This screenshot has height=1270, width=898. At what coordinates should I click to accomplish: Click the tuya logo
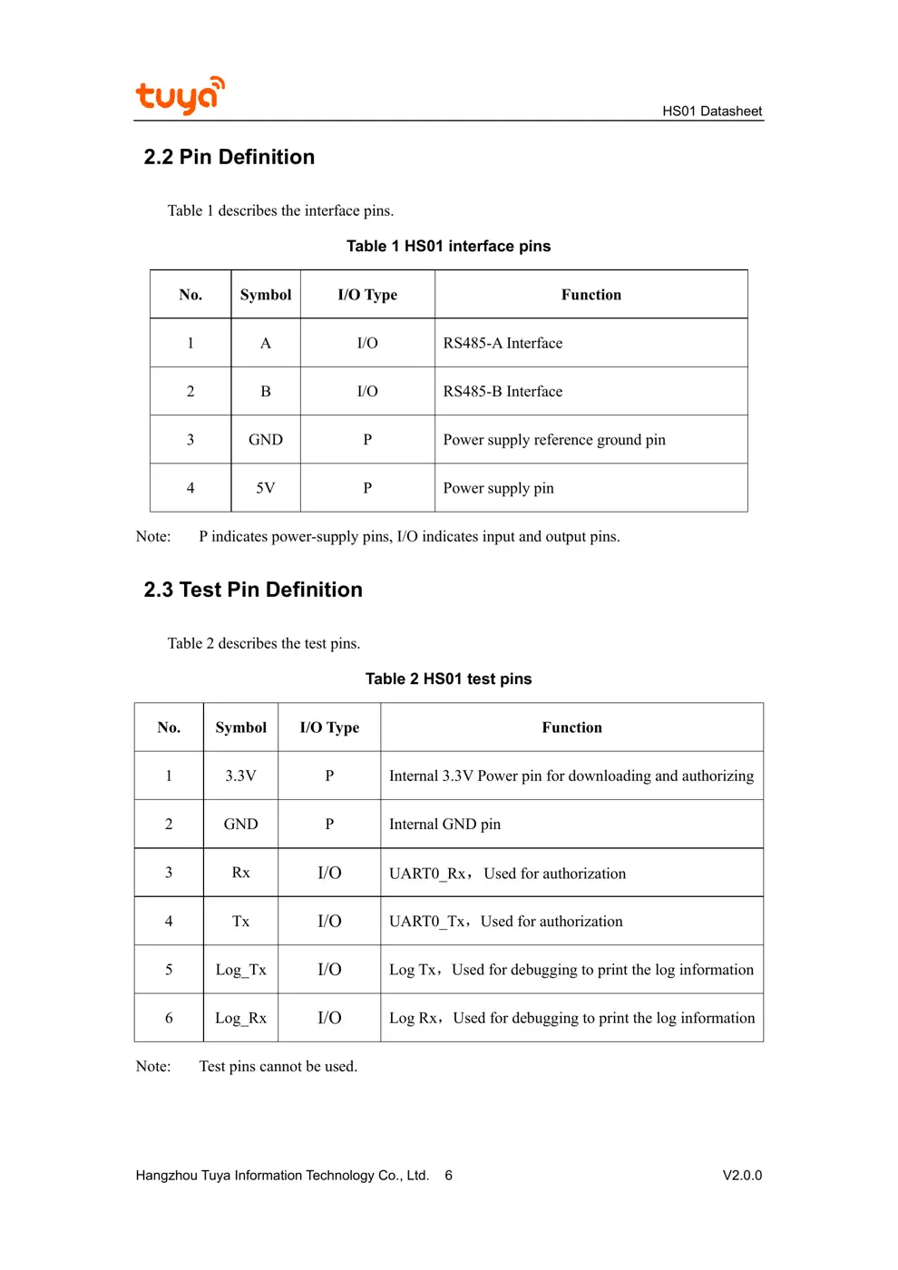click(x=180, y=95)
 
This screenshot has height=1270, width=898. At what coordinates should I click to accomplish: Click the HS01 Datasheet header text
click(x=712, y=112)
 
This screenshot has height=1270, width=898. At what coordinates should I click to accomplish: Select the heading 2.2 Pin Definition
click(x=229, y=157)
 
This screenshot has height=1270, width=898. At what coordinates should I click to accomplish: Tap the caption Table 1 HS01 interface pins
click(x=448, y=247)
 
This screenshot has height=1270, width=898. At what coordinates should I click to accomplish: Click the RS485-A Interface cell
click(x=503, y=343)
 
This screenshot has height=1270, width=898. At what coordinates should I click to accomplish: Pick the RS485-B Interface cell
click(x=503, y=391)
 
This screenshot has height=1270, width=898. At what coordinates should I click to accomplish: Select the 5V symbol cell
click(x=266, y=488)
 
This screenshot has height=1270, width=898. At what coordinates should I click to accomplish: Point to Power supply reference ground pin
click(x=554, y=440)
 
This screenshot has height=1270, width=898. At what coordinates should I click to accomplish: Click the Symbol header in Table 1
click(x=266, y=295)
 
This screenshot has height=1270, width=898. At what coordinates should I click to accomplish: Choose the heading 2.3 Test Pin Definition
click(x=253, y=590)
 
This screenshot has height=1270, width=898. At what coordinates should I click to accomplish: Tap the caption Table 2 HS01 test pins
click(x=448, y=679)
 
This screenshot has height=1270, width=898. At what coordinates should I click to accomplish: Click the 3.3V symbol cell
click(x=240, y=776)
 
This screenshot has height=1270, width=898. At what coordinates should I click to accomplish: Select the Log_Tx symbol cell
click(x=240, y=970)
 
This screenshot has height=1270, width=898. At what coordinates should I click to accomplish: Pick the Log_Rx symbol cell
click(x=240, y=1018)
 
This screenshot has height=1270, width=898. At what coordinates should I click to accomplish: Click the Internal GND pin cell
click(x=444, y=824)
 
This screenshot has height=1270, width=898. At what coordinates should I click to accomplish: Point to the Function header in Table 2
click(x=571, y=728)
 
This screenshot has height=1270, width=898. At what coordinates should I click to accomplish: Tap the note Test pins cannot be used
click(x=278, y=1067)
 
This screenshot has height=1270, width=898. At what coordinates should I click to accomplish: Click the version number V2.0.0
click(x=742, y=1176)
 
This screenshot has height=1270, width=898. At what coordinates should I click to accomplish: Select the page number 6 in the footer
click(x=448, y=1176)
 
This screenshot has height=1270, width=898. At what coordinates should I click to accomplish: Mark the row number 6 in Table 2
click(x=169, y=1018)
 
